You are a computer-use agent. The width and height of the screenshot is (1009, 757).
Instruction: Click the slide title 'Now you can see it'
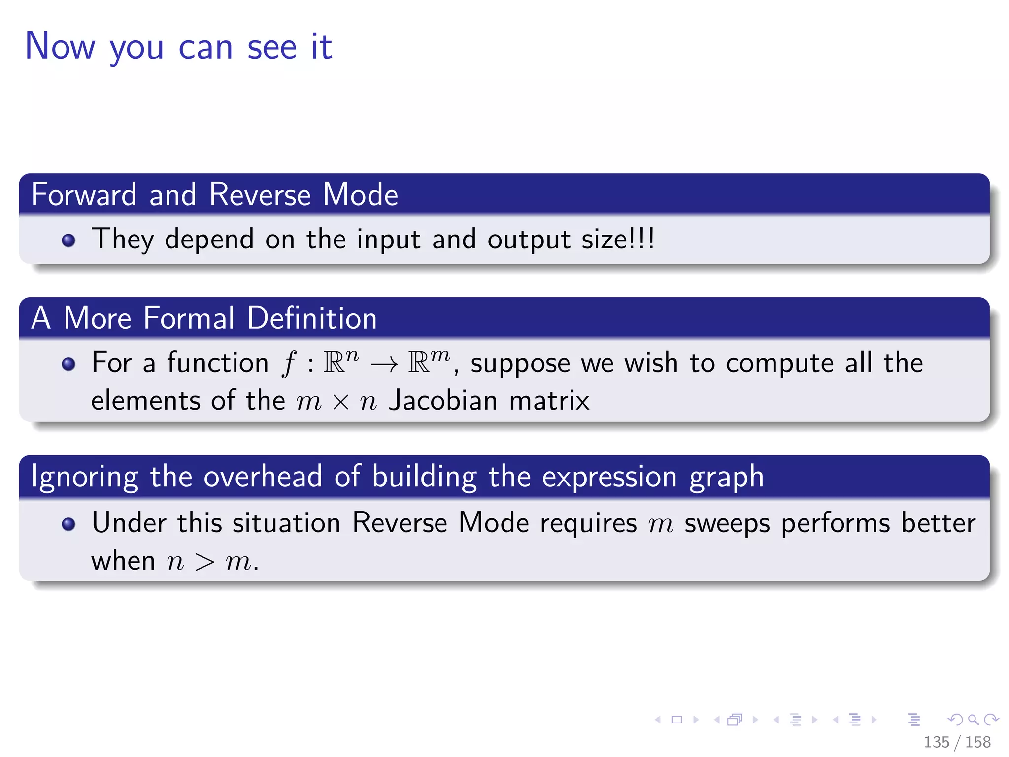pyautogui.click(x=178, y=47)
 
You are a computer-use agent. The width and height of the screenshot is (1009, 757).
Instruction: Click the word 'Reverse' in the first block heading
pyautogui.click(x=260, y=195)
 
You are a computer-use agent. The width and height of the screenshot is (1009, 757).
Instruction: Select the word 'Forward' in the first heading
pyautogui.click(x=84, y=195)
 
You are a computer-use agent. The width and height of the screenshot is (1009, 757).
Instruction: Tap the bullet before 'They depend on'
pyautogui.click(x=68, y=241)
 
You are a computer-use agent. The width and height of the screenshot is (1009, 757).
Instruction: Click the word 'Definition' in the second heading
pyautogui.click(x=312, y=318)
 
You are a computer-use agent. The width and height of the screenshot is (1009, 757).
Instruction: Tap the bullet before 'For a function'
pyautogui.click(x=68, y=364)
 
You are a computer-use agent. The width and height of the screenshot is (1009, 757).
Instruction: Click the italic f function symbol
pyautogui.click(x=289, y=364)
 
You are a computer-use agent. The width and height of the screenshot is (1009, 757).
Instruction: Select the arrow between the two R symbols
pyautogui.click(x=384, y=365)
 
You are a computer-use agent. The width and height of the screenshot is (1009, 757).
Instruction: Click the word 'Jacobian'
pyautogui.click(x=443, y=400)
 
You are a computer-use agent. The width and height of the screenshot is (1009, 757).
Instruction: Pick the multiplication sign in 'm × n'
pyautogui.click(x=340, y=402)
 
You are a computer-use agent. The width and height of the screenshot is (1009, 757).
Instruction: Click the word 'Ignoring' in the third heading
pyautogui.click(x=84, y=477)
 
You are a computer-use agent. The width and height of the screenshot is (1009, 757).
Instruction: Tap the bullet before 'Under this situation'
pyautogui.click(x=68, y=524)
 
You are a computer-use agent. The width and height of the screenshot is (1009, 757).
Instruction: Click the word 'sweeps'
pyautogui.click(x=727, y=523)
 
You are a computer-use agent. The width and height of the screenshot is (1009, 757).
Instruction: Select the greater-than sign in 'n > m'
pyautogui.click(x=204, y=562)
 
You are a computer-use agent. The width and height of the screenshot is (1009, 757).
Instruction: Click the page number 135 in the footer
pyautogui.click(x=936, y=742)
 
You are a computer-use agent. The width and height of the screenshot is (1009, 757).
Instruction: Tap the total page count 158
pyautogui.click(x=978, y=742)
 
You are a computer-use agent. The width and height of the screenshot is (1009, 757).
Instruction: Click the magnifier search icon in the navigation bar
pyautogui.click(x=974, y=720)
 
